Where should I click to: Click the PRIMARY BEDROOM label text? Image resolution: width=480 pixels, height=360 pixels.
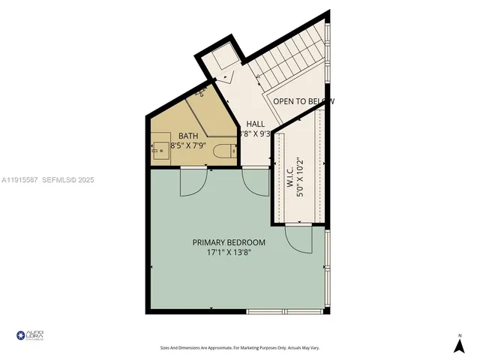click(229, 242)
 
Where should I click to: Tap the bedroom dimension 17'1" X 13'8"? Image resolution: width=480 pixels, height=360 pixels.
click(229, 253)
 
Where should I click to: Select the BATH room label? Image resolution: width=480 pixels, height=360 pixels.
click(188, 136)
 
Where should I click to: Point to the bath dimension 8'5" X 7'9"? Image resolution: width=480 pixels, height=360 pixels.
click(188, 145)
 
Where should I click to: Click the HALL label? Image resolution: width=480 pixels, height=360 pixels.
click(255, 124)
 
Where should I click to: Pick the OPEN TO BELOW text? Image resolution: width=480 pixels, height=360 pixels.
click(302, 101)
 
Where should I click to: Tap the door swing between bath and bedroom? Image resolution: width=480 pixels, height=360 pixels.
click(191, 182)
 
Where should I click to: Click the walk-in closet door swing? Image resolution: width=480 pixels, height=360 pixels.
click(298, 239)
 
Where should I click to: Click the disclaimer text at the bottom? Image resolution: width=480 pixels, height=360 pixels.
click(240, 348)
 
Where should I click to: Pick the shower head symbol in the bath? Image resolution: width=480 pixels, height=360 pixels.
click(201, 94)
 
